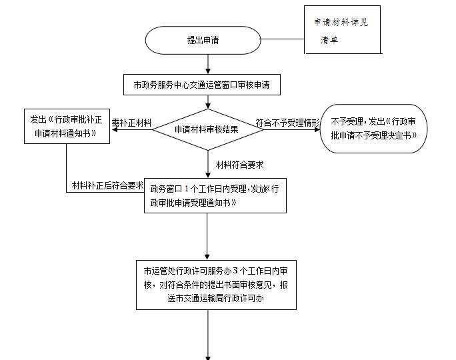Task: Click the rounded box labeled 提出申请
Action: coord(202,40)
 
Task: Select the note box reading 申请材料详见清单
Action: coord(342,30)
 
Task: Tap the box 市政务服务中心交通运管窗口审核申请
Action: coord(202,85)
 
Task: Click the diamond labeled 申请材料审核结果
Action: coord(209,129)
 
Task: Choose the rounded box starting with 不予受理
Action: coord(373,129)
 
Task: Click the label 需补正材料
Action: coord(131,123)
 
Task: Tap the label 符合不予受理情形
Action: coord(288,123)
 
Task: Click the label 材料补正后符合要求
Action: coord(107,185)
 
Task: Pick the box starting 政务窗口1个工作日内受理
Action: coord(215,195)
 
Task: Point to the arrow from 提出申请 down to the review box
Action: coord(209,64)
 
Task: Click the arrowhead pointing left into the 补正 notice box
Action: coord(115,129)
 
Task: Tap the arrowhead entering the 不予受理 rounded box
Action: coord(317,129)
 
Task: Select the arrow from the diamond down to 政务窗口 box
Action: coord(209,163)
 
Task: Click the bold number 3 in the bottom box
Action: coord(235,270)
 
